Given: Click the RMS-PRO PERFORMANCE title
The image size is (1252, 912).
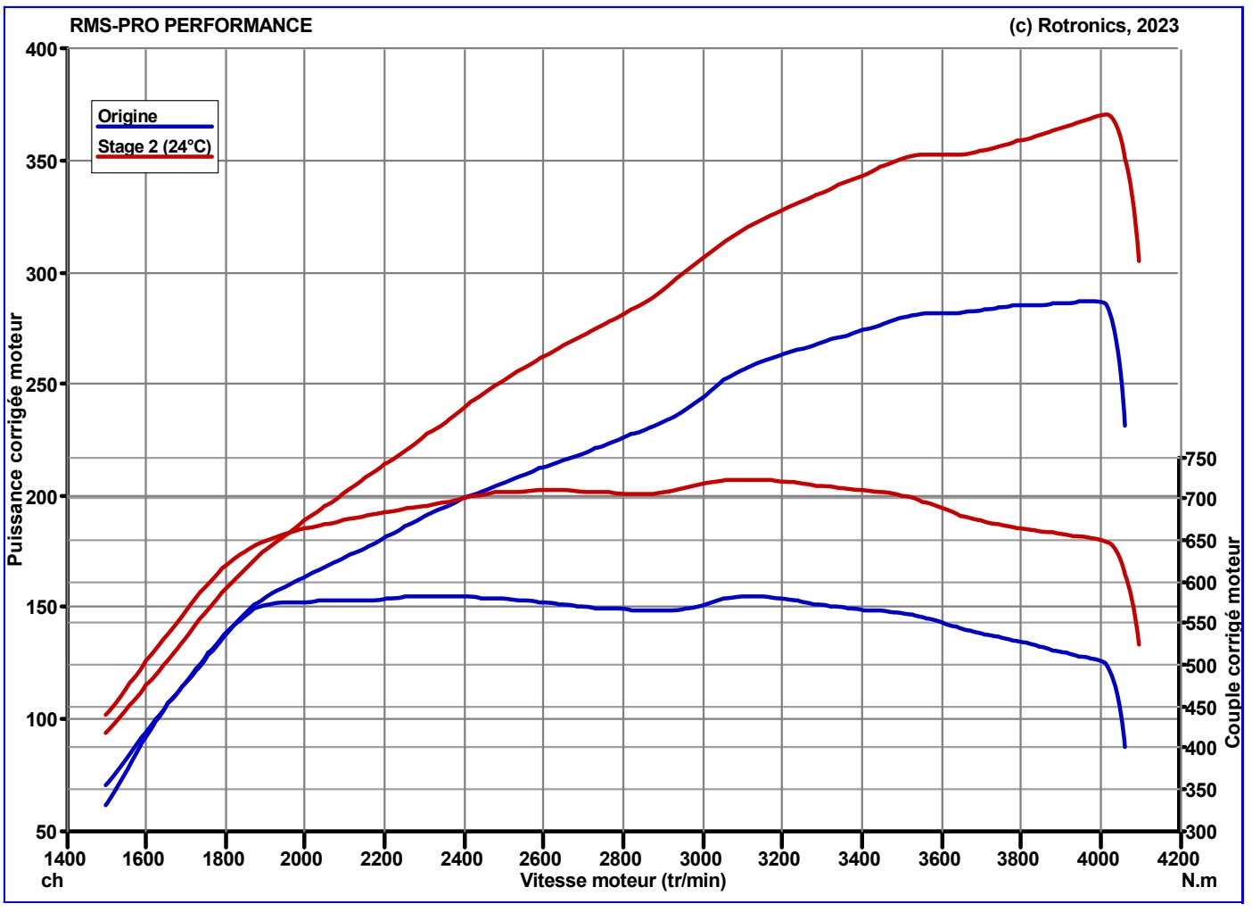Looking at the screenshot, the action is (x=191, y=26).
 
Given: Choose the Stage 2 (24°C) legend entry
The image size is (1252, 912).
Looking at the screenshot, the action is (x=155, y=146).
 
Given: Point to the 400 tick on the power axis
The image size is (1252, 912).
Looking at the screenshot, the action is (x=42, y=49).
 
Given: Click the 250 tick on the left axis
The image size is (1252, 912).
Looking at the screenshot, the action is (x=42, y=384).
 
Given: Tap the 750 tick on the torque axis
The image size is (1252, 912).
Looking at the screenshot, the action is (x=1200, y=459).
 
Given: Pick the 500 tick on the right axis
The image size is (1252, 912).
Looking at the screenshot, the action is (x=1200, y=666).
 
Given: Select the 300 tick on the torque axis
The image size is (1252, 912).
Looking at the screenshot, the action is (x=1200, y=832).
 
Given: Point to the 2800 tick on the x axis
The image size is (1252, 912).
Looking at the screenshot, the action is (x=622, y=858).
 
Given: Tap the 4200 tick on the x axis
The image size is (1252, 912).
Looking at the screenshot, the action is (x=1180, y=858).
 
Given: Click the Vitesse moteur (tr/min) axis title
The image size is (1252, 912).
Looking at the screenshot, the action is (x=623, y=881).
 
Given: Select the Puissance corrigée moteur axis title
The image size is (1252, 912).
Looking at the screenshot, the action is (x=16, y=440).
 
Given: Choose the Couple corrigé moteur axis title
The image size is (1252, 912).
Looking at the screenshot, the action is (x=1231, y=642).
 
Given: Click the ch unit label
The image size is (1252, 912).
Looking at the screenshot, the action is (x=52, y=881).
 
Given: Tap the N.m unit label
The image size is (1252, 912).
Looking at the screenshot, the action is (x=1199, y=881).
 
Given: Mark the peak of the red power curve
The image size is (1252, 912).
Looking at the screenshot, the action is (x=1106, y=114).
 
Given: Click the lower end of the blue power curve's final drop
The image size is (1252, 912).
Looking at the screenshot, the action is (x=1124, y=426).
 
